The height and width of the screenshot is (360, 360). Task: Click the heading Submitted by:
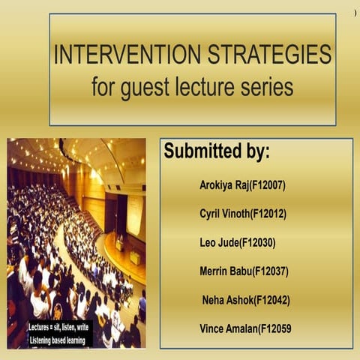[x=217, y=151]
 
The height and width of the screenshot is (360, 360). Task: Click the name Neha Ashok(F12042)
[x=246, y=300]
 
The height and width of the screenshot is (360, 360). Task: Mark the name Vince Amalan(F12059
[x=244, y=328]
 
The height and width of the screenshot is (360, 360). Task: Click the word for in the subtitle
[x=103, y=86]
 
